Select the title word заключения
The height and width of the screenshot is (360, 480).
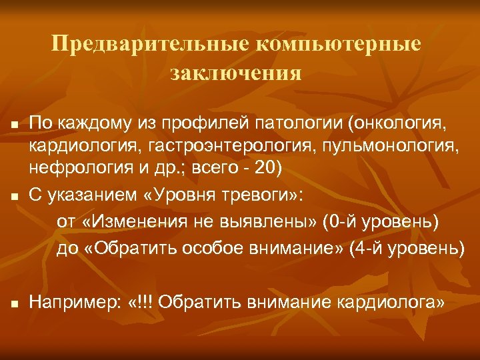click(236, 71)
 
